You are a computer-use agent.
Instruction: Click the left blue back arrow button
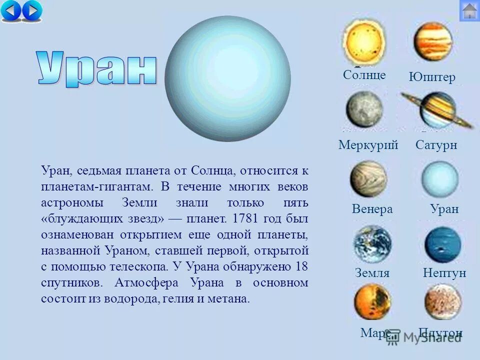click(11, 10)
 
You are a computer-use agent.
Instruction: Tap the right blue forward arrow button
click(31, 10)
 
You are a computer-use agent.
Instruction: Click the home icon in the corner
click(469, 10)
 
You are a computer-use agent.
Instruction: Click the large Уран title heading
click(96, 68)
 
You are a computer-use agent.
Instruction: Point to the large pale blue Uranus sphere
click(227, 78)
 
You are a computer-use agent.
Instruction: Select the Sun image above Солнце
click(364, 42)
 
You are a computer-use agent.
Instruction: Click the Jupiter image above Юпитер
click(432, 41)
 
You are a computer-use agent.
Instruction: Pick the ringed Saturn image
click(437, 110)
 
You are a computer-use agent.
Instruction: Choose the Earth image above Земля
click(372, 243)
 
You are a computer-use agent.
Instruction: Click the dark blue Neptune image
click(442, 245)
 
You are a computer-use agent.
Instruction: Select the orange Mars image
click(372, 301)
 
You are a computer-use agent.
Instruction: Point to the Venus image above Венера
click(368, 178)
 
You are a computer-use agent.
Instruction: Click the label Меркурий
click(368, 145)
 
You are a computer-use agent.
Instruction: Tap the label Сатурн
click(436, 145)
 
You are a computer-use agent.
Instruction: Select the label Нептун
click(444, 272)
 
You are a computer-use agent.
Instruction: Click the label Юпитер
click(432, 77)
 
